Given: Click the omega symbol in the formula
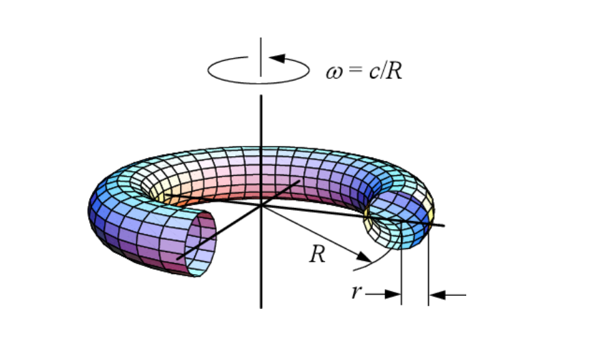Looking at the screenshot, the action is pos(334,72).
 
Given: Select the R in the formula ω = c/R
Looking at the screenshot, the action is pos(393,71).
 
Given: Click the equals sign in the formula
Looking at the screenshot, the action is pos(356,69).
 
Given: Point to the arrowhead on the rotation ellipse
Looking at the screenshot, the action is pos(277,58).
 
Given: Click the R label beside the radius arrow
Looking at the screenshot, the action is pos(318,254).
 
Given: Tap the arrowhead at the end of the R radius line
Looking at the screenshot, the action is pos(365,257).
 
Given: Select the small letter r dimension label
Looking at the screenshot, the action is pos(356,291).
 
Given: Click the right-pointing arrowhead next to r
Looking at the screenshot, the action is pos(393,294).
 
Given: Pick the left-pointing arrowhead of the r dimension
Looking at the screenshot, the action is pos(438,295).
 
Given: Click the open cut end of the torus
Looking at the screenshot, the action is pos(200,243).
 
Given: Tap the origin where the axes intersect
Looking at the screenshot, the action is pos(261,205).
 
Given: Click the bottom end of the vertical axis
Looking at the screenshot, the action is pos(261,308).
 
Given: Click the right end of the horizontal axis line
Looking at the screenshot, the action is pos(444,226).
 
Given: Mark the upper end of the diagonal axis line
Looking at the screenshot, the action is pos(299,181).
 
